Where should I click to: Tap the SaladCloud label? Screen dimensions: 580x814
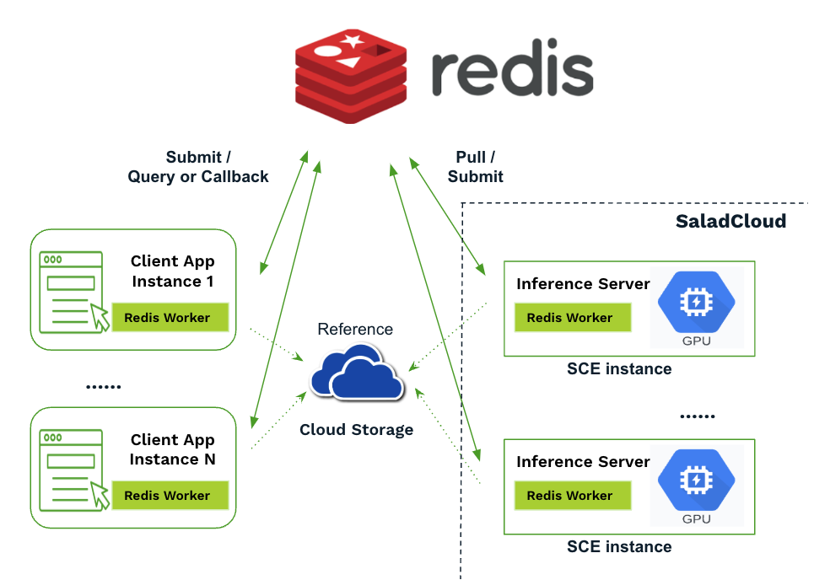tap(730, 222)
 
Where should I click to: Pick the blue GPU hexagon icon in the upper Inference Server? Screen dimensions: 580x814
tap(696, 303)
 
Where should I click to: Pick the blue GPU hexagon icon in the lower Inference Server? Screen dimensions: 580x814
tap(696, 481)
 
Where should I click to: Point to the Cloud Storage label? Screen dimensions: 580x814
tap(357, 430)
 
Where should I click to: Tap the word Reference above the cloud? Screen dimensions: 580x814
tap(355, 329)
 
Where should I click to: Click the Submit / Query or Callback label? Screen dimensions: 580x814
tap(198, 167)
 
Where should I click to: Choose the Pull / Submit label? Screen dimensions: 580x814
tap(475, 167)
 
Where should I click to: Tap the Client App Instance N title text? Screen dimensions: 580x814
tap(173, 449)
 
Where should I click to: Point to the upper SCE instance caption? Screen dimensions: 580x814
tap(619, 368)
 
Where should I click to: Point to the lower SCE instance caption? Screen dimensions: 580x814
tap(619, 547)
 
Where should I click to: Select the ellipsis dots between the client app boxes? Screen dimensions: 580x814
tap(104, 386)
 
